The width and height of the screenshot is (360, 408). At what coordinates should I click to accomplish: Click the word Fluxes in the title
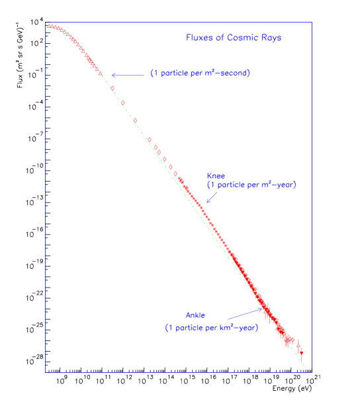(x=199, y=38)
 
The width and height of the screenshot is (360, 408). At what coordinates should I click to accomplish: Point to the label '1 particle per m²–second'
(x=199, y=74)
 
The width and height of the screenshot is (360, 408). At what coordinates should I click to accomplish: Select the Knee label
(x=216, y=176)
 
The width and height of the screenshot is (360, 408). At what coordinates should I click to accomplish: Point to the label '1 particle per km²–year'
(x=211, y=328)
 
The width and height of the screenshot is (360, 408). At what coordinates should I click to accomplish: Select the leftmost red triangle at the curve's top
(x=48, y=26)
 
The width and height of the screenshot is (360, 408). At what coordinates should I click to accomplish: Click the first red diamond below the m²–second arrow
(x=112, y=88)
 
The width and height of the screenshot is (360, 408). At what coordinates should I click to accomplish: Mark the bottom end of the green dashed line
(x=306, y=369)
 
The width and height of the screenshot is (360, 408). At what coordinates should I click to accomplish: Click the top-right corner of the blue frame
(x=311, y=23)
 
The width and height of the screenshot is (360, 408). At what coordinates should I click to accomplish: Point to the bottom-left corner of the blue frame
(x=46, y=372)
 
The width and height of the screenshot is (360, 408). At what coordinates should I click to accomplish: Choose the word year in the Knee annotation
(x=283, y=185)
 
